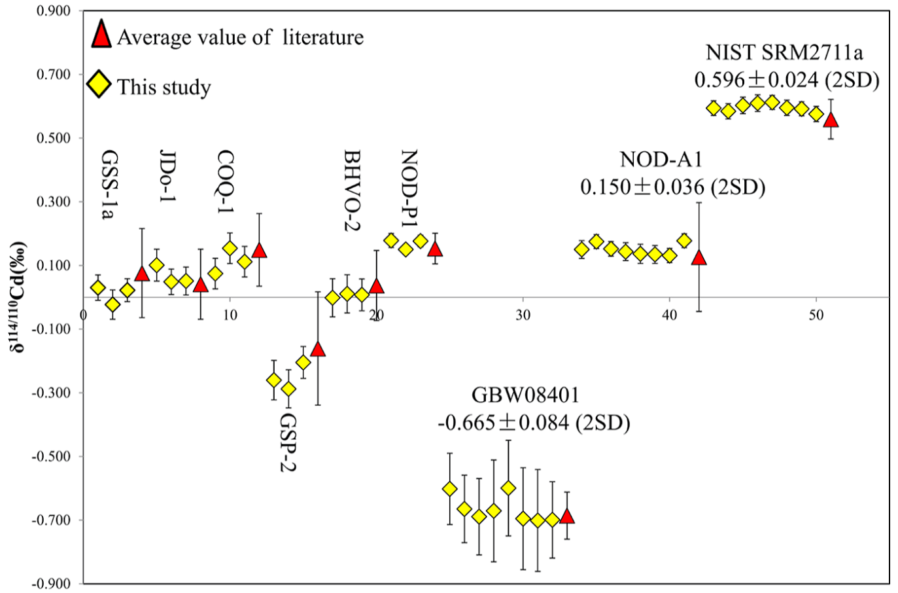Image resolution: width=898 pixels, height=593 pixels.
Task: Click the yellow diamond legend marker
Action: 99,85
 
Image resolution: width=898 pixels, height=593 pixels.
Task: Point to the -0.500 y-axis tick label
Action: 52,456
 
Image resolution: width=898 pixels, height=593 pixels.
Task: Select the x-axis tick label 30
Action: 523,315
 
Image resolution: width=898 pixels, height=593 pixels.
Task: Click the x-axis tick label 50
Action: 816,315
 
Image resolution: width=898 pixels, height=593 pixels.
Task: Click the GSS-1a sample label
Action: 110,185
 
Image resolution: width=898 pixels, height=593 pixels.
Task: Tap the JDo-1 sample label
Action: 168,175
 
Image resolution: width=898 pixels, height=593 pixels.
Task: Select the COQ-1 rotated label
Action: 226,181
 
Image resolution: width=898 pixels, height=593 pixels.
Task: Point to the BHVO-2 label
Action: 353,190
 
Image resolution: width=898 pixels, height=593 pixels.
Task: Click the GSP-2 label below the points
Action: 288,442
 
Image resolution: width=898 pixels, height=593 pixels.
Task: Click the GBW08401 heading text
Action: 525,395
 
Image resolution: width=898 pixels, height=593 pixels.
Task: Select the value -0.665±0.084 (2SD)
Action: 534,423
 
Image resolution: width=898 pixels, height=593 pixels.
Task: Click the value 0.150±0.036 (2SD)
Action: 672,187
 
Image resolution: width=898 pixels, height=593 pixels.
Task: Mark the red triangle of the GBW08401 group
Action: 567,516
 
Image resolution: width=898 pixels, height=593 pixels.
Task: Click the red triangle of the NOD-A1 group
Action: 699,257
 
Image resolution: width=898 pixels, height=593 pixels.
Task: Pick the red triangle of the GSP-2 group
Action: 318,348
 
